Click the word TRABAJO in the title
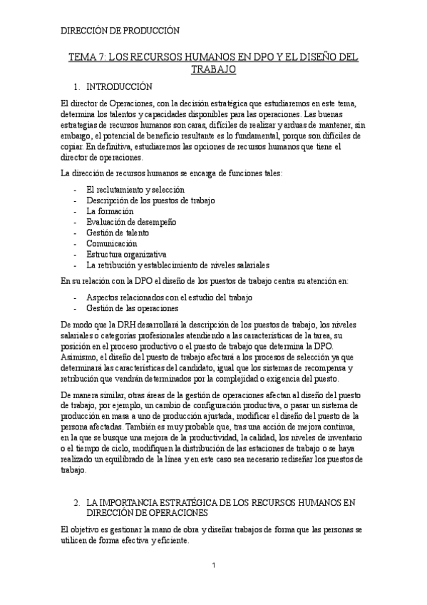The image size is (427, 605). click(214, 70)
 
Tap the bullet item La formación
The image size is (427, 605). click(109, 212)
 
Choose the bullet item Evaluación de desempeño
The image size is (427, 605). click(130, 222)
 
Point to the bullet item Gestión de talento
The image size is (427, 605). click(118, 233)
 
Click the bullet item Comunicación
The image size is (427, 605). click(111, 243)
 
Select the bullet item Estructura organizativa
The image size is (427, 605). click(126, 254)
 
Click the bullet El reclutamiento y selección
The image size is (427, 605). click(135, 190)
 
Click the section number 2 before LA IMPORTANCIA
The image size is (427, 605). click(76, 503)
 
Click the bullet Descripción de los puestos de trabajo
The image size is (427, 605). click(150, 200)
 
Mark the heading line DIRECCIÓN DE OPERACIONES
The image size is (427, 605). click(146, 513)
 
